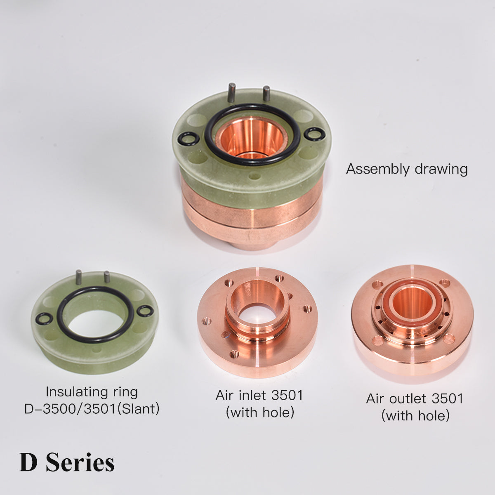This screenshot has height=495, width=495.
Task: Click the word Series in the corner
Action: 80,462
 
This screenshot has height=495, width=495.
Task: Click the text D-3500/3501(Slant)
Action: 92,409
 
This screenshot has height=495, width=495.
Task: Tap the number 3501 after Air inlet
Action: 287,395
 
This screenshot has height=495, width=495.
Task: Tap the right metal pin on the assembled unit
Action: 266,93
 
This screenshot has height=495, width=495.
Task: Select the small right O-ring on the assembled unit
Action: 314,134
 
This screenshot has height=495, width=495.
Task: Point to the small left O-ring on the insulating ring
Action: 43,318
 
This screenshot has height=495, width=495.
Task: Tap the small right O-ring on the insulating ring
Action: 145,311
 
